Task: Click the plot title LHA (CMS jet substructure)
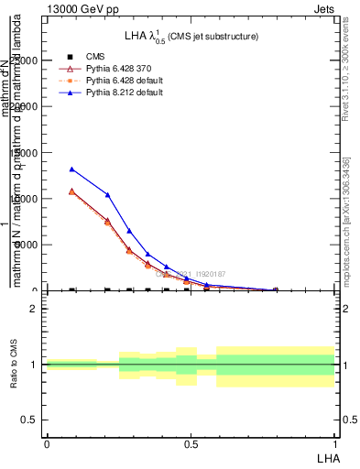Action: pyautogui.click(x=191, y=36)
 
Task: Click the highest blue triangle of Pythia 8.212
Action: pyautogui.click(x=72, y=169)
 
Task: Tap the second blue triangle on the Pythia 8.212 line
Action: pyautogui.click(x=107, y=194)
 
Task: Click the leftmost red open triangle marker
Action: pyautogui.click(x=72, y=191)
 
